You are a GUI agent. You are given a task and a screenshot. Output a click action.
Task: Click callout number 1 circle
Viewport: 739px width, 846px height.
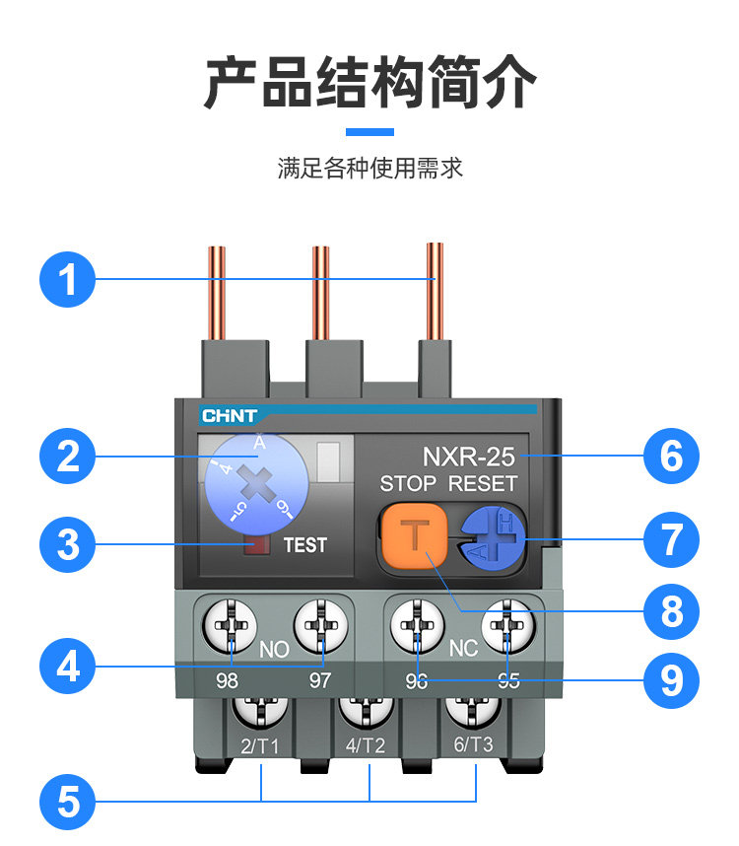tap(67, 279)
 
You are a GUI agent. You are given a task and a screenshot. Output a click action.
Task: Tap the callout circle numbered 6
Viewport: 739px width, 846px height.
tap(671, 457)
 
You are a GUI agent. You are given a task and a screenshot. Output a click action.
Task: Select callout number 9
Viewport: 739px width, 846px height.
tap(671, 680)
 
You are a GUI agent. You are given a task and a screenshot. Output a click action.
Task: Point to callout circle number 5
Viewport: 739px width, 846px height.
tap(67, 801)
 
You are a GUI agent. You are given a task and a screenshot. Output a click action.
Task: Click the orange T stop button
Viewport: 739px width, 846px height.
tap(416, 538)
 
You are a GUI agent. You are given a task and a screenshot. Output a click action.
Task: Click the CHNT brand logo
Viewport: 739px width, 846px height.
tap(229, 416)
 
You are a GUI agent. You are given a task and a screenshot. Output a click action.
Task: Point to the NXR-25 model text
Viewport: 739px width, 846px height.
tap(468, 458)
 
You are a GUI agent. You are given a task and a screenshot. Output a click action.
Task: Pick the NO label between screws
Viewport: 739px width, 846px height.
tap(274, 651)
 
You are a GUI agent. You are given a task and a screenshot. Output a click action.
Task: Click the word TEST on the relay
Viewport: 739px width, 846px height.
tap(304, 544)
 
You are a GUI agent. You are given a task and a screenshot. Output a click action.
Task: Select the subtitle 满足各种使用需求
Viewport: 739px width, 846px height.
tap(369, 169)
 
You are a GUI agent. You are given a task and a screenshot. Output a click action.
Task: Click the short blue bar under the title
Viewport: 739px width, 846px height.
tap(369, 132)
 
